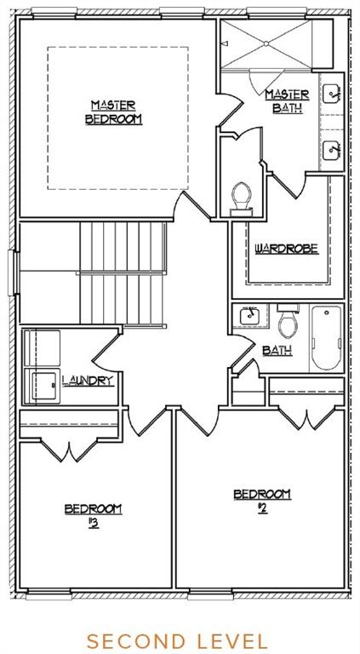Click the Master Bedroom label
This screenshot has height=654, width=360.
point(113,112)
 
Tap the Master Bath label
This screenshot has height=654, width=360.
point(287,101)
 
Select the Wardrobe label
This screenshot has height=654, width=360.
point(286,249)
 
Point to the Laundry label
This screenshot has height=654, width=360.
point(88,380)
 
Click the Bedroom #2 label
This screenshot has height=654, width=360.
point(262,501)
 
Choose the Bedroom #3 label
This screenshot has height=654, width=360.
point(93,515)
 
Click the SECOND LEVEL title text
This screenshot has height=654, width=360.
point(177,640)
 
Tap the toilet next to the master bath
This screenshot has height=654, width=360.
point(241,199)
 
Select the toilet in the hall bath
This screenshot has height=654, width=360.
point(287,320)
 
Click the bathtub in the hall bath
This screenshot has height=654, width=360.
point(326,337)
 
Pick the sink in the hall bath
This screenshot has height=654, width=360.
point(250,316)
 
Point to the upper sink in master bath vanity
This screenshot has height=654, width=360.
point(333,93)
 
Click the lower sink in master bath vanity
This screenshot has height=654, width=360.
point(333,149)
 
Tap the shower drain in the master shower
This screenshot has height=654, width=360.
point(265,43)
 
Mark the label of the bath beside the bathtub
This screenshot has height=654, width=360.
point(277,351)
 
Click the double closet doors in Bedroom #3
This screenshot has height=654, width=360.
point(69,450)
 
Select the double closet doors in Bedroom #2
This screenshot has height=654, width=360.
point(306,418)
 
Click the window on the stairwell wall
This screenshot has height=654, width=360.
point(14,272)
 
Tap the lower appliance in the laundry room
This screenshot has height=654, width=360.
point(42,386)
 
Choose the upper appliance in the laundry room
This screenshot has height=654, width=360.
point(42,348)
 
